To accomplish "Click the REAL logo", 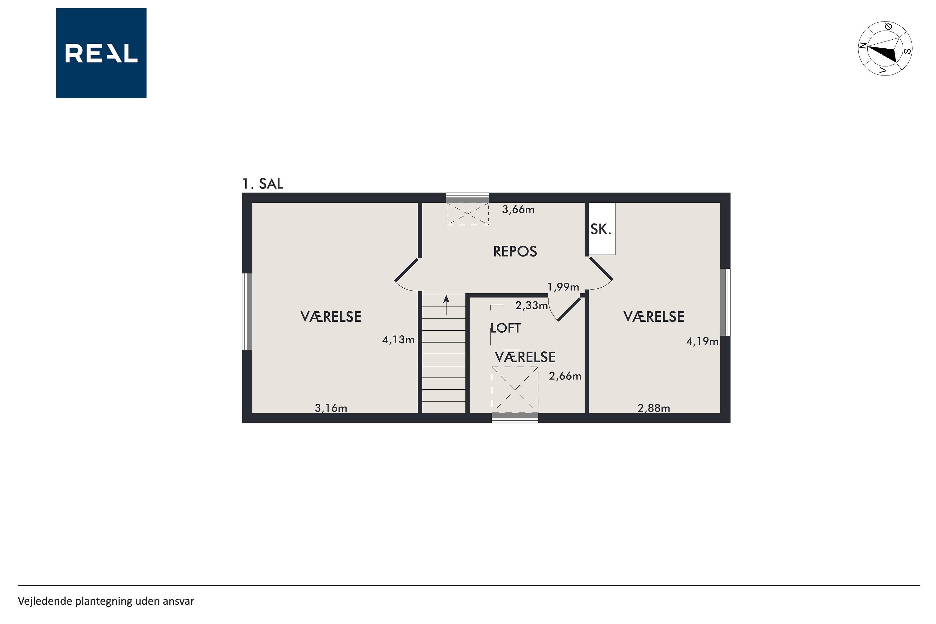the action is (x=101, y=53).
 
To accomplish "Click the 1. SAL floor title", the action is (x=263, y=184).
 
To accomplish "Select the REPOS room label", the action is (x=515, y=251).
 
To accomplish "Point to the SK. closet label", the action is (x=601, y=229).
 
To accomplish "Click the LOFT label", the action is (x=505, y=328).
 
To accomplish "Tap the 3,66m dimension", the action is (x=518, y=210).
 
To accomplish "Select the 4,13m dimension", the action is (x=398, y=340).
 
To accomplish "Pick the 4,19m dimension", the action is (x=702, y=341).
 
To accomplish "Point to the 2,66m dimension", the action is (x=565, y=376).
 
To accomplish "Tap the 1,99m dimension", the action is (x=563, y=287).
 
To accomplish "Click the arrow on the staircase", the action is (x=446, y=305).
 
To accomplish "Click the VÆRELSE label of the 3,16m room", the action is (x=331, y=317).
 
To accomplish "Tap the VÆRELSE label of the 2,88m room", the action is (x=654, y=317).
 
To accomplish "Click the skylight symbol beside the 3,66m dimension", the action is (x=468, y=214).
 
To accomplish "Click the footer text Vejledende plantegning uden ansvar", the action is (x=106, y=601).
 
